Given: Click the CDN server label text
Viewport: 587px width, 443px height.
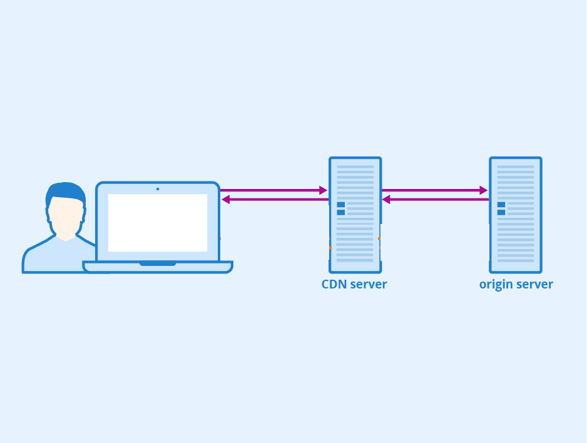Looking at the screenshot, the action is pyautogui.click(x=354, y=284).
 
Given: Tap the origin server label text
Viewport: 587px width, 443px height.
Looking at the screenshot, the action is pyautogui.click(x=516, y=285).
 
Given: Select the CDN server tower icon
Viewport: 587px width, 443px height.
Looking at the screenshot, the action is pyautogui.click(x=355, y=215).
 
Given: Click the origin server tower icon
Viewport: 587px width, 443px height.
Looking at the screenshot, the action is pyautogui.click(x=516, y=215).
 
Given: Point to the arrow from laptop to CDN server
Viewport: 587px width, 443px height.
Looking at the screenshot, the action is pyautogui.click(x=273, y=190).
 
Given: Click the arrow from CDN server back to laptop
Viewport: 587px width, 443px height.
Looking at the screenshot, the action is pyautogui.click(x=275, y=200).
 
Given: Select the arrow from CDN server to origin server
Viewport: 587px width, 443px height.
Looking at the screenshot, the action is pyautogui.click(x=435, y=190).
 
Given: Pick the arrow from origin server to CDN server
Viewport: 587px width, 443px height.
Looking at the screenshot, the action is pyautogui.click(x=436, y=200).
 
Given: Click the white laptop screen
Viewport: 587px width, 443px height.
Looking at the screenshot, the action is pyautogui.click(x=158, y=223).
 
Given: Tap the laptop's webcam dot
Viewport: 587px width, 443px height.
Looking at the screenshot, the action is pyautogui.click(x=158, y=189).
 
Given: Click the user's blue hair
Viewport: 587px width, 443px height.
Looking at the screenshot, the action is pyautogui.click(x=66, y=192).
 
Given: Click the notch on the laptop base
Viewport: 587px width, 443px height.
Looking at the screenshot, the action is pyautogui.click(x=158, y=264).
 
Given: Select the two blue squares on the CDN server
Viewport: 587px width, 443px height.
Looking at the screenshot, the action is pyautogui.click(x=340, y=208).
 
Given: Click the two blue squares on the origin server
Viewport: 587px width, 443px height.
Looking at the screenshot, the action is pyautogui.click(x=501, y=208).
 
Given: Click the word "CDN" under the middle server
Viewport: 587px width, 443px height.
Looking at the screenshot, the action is pyautogui.click(x=334, y=284).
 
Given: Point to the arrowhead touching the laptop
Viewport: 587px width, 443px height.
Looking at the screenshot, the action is pyautogui.click(x=225, y=200).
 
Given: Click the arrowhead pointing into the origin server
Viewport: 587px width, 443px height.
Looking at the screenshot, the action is pyautogui.click(x=484, y=190).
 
